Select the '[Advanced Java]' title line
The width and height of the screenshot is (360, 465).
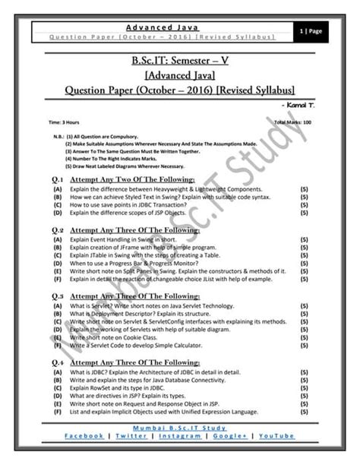180,76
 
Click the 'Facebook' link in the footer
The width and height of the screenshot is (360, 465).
84,436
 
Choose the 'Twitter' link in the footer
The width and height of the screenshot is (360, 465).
132,436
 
